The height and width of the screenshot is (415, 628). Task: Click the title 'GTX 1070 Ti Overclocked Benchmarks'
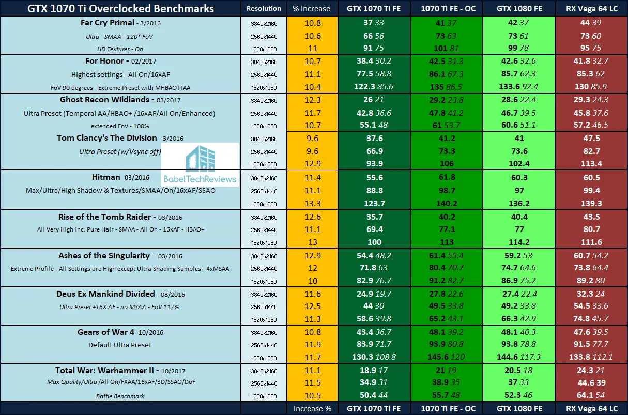[x=120, y=9]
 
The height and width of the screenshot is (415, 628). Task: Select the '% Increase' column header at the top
[x=311, y=9]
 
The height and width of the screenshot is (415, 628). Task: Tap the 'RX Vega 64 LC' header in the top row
[x=591, y=9]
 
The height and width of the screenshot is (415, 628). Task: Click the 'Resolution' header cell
[x=264, y=9]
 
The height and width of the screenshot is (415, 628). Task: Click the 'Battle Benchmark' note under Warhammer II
[x=120, y=396]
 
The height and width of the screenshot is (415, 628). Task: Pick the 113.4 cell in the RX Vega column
[x=590, y=164]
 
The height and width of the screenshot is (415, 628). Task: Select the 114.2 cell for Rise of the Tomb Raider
[x=519, y=241]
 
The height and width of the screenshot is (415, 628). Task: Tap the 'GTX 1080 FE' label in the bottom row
[x=519, y=408]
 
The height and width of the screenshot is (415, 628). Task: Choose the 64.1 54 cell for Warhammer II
[x=590, y=396]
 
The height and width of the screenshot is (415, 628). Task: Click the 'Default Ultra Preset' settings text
[x=120, y=345]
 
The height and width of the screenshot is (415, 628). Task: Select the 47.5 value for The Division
[x=590, y=138]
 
